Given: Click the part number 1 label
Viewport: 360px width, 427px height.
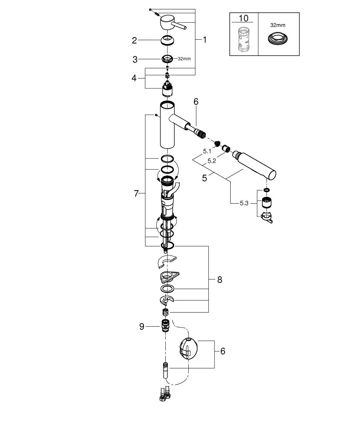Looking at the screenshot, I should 205,40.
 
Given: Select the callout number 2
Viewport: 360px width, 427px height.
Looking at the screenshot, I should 134,41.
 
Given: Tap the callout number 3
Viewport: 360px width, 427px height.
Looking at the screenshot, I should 134,58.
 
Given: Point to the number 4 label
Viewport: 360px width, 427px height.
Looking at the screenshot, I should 134,78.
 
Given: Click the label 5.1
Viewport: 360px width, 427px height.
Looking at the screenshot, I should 207,151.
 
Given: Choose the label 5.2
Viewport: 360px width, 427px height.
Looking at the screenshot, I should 211,161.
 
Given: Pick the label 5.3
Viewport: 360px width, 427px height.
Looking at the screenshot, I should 244,203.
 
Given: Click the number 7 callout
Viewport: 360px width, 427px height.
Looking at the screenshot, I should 136,193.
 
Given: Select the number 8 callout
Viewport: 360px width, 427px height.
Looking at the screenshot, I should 220,280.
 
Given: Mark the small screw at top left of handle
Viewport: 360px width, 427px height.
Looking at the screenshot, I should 150,9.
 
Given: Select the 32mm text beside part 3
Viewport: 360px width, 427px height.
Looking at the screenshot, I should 184,59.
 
